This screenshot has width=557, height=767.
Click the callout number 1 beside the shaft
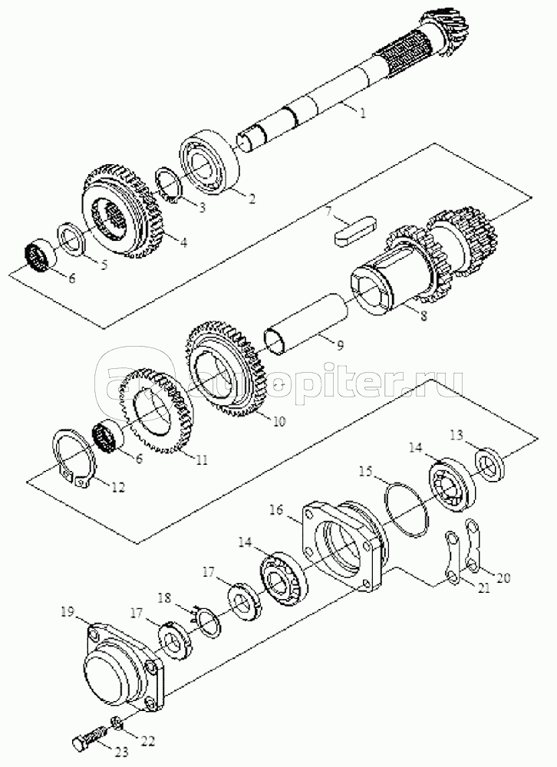tap(363, 113)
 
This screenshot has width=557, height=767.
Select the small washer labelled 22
tap(117, 722)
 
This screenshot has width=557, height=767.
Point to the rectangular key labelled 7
tap(356, 230)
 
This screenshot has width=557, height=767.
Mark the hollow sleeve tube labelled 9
tap(307, 328)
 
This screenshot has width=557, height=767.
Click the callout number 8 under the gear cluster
tap(423, 316)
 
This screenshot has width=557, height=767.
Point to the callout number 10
tap(279, 421)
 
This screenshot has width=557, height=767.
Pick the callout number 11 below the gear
tap(201, 459)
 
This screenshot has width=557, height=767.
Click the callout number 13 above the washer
tap(456, 436)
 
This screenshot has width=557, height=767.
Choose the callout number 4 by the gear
tap(183, 242)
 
